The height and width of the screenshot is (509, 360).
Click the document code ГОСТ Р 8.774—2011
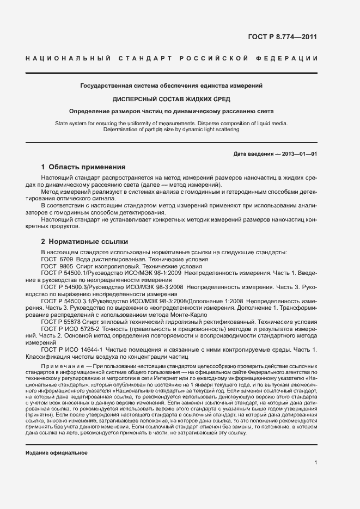pyautogui.click(x=282, y=37)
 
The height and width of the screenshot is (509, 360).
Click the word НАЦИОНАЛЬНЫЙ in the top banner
pyautogui.click(x=68, y=59)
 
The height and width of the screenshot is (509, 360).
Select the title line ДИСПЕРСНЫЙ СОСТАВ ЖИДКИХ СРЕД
pyautogui.click(x=171, y=99)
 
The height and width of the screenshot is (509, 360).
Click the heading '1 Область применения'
pyautogui.click(x=83, y=167)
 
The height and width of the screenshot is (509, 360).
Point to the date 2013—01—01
pyautogui.click(x=300, y=154)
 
